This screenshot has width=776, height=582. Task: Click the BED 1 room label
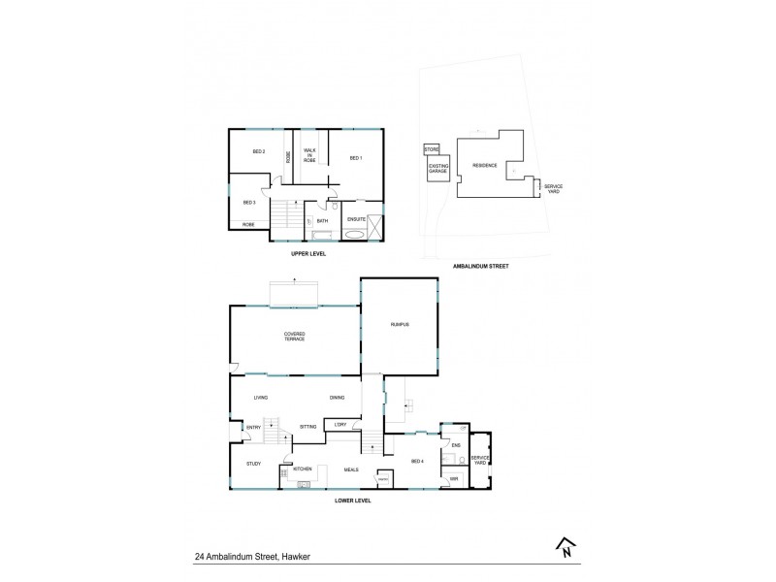[x=355, y=158]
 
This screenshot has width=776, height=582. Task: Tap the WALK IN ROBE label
[x=309, y=154]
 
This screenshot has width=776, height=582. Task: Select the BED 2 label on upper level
[x=258, y=151]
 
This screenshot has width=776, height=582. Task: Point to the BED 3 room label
[x=248, y=202]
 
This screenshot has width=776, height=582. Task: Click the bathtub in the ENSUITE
[x=354, y=234]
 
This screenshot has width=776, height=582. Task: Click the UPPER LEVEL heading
[x=308, y=253]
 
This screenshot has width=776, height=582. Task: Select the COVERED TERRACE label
[x=294, y=336]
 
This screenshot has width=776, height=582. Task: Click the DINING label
[x=337, y=398]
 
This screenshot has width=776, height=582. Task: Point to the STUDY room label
[x=253, y=464]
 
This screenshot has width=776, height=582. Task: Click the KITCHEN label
[x=302, y=469]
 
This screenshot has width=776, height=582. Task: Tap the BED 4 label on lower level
[x=418, y=462]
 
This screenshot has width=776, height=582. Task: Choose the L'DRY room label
[x=339, y=425]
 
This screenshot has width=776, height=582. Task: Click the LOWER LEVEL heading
[x=353, y=501]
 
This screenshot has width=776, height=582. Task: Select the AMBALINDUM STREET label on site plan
[x=481, y=265]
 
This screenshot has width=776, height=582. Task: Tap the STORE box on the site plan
[x=432, y=149]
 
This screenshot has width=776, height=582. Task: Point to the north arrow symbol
[x=563, y=549]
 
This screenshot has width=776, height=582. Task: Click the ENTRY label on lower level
[x=252, y=427]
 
